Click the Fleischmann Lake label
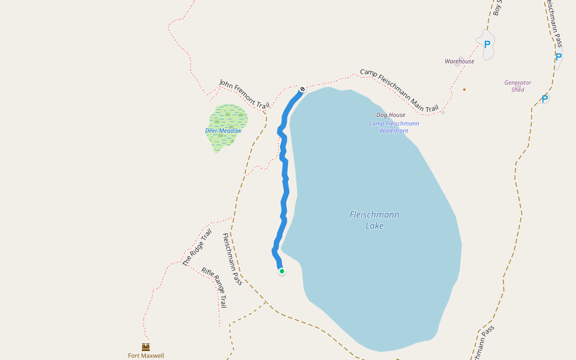click(374, 220)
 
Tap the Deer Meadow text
click(223, 131)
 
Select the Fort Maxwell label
click(146, 355)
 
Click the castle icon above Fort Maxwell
click(146, 347)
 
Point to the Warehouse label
click(460, 61)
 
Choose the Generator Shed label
click(518, 86)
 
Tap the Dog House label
click(391, 115)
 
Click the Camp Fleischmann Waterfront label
click(394, 127)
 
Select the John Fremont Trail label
click(244, 94)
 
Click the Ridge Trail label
click(197, 247)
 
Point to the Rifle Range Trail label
click(214, 287)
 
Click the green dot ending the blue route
click(281, 271)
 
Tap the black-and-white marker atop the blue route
click(302, 89)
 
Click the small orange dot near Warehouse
click(464, 89)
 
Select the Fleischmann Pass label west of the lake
click(233, 259)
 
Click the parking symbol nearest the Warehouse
click(487, 44)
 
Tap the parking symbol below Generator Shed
click(545, 99)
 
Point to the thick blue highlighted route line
click(284, 192)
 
